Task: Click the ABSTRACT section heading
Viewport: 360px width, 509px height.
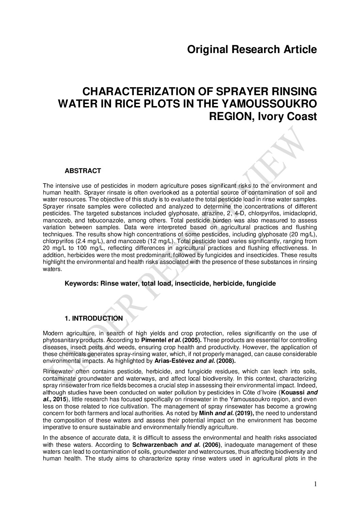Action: (x=83, y=171)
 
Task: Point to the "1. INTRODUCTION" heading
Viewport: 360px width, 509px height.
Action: (x=94, y=318)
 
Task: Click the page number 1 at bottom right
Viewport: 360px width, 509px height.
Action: (x=315, y=494)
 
